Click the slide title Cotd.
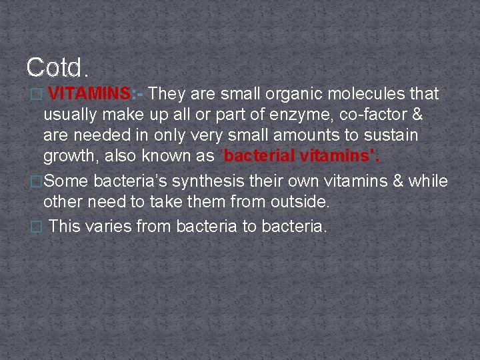click(x=57, y=67)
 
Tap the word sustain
click(x=390, y=135)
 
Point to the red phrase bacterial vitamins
click(x=305, y=157)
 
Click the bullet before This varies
click(x=37, y=227)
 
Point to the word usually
click(x=73, y=115)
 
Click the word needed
click(x=99, y=135)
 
